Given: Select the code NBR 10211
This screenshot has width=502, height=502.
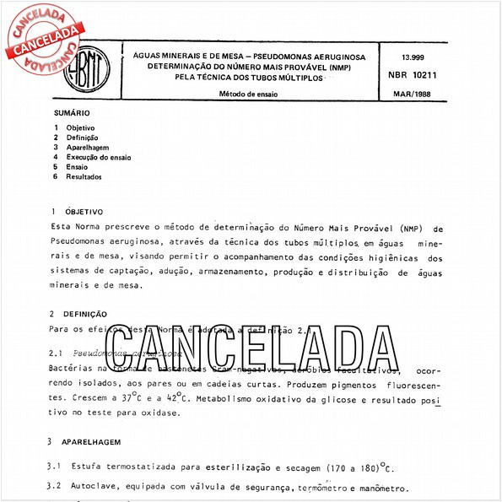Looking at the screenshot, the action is [x=412, y=76].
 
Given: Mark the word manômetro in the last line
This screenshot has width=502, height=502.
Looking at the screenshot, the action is [x=381, y=489].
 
